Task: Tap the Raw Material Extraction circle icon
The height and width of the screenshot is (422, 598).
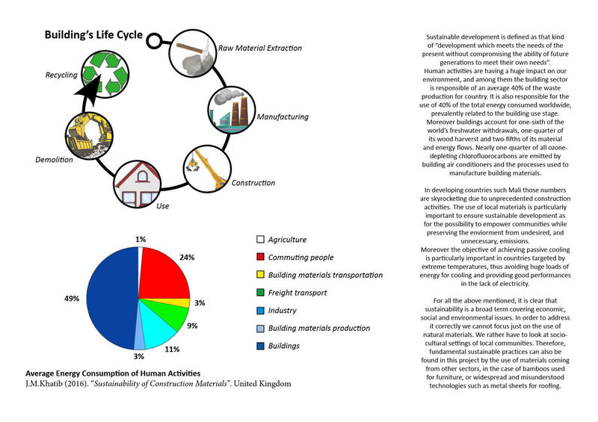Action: tap(191, 51)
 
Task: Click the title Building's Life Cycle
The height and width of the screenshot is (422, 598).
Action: tap(93, 35)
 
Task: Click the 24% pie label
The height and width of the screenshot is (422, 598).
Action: tap(187, 257)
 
